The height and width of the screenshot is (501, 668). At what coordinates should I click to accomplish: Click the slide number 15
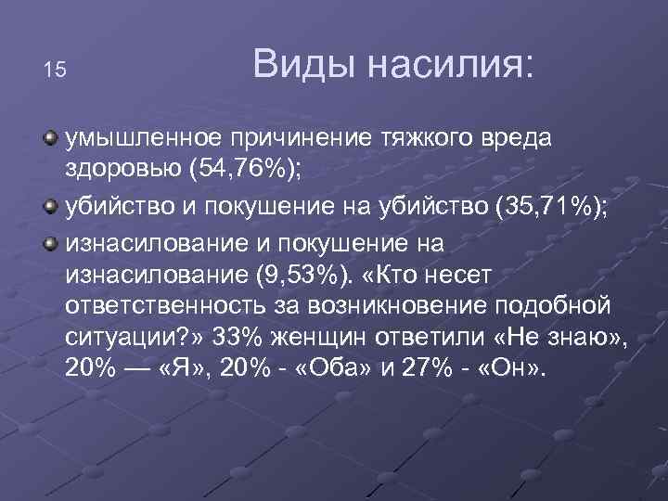55,71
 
